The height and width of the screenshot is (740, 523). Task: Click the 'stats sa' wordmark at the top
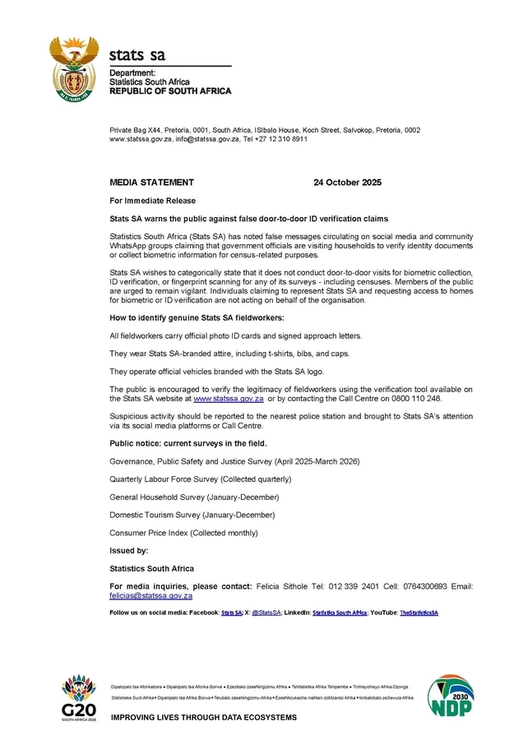[137, 55]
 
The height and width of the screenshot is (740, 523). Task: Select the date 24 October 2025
[347, 183]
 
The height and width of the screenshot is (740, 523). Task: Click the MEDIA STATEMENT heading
[152, 183]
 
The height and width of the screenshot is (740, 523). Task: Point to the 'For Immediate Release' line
[153, 201]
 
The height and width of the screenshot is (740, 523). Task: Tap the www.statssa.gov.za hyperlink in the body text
[222, 397]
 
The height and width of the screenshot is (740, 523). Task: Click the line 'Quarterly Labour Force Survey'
[201, 479]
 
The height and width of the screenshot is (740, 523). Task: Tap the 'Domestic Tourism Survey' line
[192, 515]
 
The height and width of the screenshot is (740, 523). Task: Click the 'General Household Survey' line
[194, 497]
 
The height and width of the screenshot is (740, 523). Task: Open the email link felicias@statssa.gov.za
[151, 595]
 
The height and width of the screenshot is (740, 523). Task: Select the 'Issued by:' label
[129, 550]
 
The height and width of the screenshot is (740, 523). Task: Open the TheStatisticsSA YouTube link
[419, 613]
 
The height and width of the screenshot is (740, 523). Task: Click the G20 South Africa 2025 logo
[78, 697]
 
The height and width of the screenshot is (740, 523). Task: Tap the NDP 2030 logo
[450, 696]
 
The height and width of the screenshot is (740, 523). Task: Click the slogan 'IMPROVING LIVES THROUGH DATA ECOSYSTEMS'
[203, 717]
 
